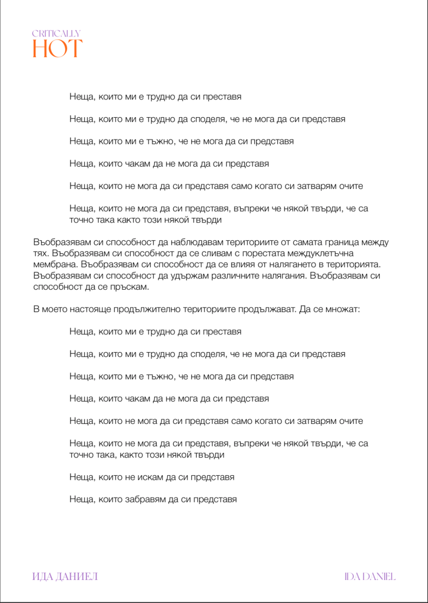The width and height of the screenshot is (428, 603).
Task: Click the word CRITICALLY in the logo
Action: (57, 34)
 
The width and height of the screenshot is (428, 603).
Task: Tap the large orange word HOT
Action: (57, 48)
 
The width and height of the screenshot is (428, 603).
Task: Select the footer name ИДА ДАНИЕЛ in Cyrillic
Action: (65, 576)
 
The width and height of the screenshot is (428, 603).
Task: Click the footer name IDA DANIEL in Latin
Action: (370, 576)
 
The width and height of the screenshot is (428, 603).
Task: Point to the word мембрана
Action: (55, 264)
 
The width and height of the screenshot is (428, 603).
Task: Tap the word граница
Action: (346, 241)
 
